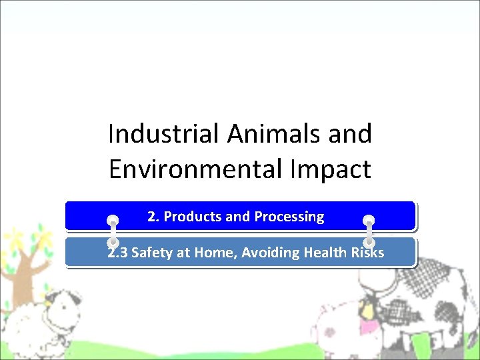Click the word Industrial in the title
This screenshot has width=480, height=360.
[x=164, y=134]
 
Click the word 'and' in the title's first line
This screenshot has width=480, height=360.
[x=350, y=134]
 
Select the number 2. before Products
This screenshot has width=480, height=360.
[x=153, y=217]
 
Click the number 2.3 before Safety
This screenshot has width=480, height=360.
[x=118, y=253]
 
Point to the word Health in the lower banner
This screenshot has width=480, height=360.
[x=326, y=253]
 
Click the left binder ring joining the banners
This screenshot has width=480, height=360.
[x=113, y=231]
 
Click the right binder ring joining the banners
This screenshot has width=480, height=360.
[x=369, y=231]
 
